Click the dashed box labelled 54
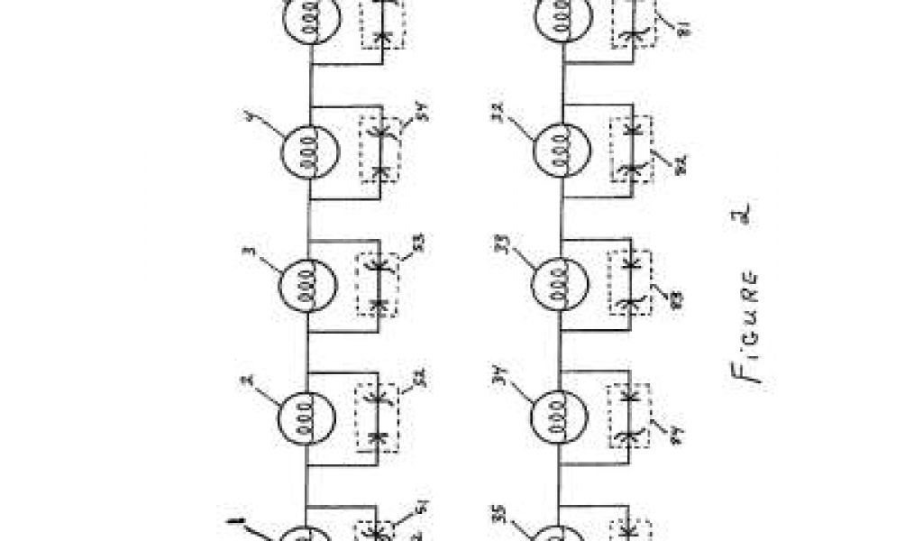pyautogui.click(x=380, y=149)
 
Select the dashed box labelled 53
pyautogui.click(x=380, y=284)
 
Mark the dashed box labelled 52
pyautogui.click(x=380, y=416)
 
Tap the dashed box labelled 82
pyautogui.click(x=635, y=149)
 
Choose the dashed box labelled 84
pyautogui.click(x=635, y=416)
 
